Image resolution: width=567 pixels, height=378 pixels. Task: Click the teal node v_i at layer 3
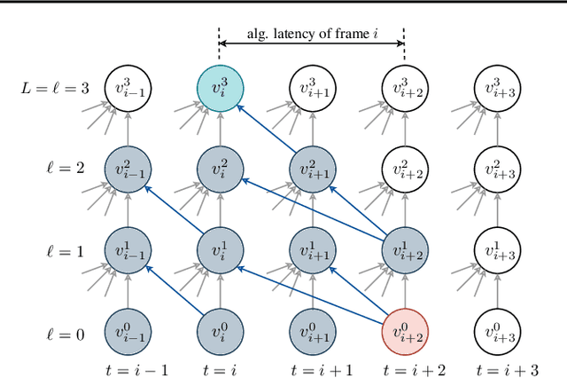click(x=220, y=89)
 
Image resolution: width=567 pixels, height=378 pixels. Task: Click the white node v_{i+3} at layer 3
click(x=498, y=89)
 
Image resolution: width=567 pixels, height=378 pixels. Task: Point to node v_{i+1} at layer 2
click(x=312, y=169)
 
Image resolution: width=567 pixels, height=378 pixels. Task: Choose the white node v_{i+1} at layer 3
click(x=312, y=89)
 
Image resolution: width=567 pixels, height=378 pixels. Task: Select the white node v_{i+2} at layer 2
click(x=405, y=169)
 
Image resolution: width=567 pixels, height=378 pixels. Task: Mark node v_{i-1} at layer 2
click(x=127, y=169)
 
